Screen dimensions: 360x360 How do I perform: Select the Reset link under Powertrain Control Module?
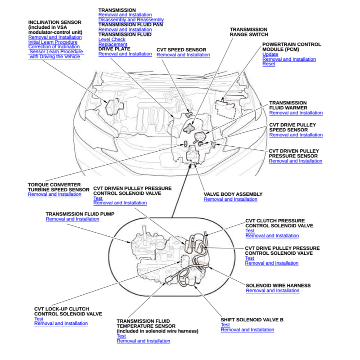pos(269,64)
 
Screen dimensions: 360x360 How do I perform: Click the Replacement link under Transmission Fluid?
pos(112,45)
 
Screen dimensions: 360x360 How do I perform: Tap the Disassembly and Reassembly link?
pos(131,20)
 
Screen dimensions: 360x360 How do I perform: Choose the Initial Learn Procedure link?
pos(53,42)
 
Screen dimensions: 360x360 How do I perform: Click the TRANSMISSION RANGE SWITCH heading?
pos(249,31)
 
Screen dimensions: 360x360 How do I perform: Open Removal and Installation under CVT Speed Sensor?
pos(183,55)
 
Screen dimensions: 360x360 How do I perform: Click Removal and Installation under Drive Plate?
pos(125,54)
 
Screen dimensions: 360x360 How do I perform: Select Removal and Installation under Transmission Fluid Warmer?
pos(296,113)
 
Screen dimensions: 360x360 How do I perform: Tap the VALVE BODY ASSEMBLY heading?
pos(233,194)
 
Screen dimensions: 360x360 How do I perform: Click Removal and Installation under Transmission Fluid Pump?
pos(72,219)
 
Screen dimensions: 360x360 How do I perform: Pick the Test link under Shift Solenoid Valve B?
pos(225,325)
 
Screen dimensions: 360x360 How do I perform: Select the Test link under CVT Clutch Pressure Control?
pos(250,231)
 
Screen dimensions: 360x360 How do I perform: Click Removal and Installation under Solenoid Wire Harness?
pos(272,291)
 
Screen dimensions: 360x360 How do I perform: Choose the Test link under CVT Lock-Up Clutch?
pos(39,319)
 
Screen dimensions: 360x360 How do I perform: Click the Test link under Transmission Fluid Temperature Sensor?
pos(121,336)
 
